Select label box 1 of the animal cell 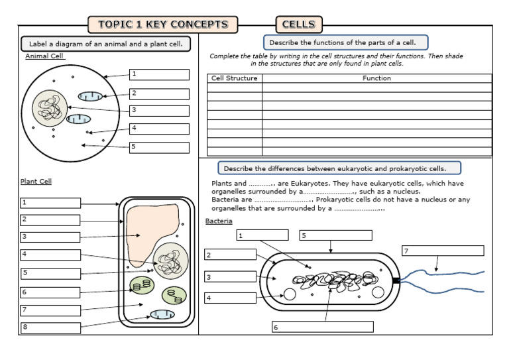pos(159,75)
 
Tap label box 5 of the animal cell pos(159,147)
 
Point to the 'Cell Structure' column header pos(234,78)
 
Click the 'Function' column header pos(376,78)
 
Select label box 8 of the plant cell pos(50,327)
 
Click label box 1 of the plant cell pos(50,203)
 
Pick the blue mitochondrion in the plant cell pos(162,314)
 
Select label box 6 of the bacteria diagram pos(322,326)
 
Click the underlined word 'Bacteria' pos(219,221)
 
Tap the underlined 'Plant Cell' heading pos(36,181)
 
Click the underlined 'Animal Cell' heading pos(44,56)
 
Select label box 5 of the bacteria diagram pos(335,235)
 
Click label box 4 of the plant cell pos(50,255)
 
